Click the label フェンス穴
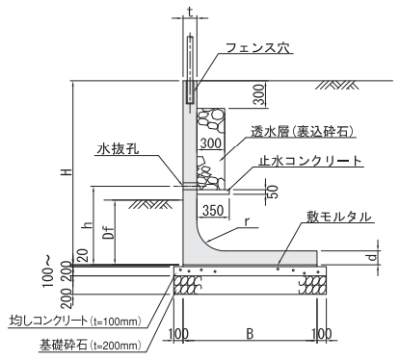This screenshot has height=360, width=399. (258, 48)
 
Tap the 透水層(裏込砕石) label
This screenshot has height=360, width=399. (303, 132)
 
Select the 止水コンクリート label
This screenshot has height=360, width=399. (310, 161)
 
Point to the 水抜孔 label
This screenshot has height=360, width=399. (119, 149)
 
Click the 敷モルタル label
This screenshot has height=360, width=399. (339, 217)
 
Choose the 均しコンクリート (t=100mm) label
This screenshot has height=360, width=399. (76, 321)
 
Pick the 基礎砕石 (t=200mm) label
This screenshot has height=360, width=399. (91, 345)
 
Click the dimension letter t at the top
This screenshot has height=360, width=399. (190, 12)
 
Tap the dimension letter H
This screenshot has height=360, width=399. (66, 172)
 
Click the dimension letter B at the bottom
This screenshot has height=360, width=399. (250, 334)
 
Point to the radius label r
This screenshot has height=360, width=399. (247, 222)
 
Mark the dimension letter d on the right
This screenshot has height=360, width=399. (372, 257)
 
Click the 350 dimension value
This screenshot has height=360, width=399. (213, 211)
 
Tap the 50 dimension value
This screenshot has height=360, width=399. (273, 192)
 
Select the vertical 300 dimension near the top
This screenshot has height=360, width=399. (259, 94)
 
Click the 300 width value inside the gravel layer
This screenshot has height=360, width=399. (211, 143)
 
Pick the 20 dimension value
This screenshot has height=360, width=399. (83, 256)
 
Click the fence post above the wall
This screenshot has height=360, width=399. (190, 69)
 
